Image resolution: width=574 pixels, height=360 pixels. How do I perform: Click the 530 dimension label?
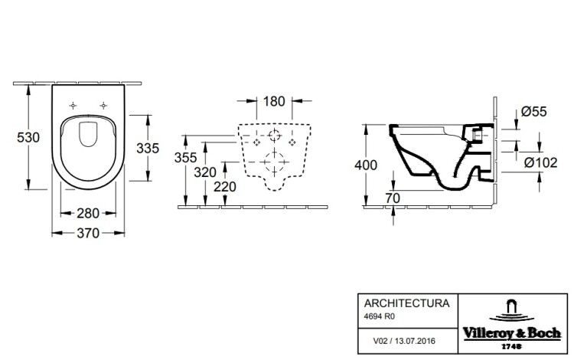pyautogui.click(x=28, y=137)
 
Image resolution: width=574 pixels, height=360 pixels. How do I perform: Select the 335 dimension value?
pyautogui.click(x=148, y=149)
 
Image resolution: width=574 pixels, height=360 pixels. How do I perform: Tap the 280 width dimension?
pyautogui.click(x=88, y=213)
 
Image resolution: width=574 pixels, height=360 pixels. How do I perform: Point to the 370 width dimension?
pyautogui.click(x=88, y=233)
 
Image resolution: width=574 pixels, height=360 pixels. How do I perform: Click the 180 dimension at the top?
pyautogui.click(x=274, y=101)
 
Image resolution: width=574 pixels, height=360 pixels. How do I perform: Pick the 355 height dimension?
pyautogui.click(x=186, y=158)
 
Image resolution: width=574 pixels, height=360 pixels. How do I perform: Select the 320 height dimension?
pyautogui.click(x=205, y=172)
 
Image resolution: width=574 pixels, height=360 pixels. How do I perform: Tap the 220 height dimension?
pyautogui.click(x=225, y=187)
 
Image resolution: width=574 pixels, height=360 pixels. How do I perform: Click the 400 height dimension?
pyautogui.click(x=366, y=165)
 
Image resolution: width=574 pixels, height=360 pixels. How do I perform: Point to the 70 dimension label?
pyautogui.click(x=393, y=198)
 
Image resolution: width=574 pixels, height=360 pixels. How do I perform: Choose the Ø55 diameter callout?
pyautogui.click(x=534, y=111)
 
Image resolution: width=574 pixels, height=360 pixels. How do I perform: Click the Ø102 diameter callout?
pyautogui.click(x=540, y=162)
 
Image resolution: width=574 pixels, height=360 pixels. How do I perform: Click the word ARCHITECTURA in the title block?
pyautogui.click(x=406, y=303)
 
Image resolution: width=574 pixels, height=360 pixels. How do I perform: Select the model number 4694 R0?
pyautogui.click(x=380, y=316)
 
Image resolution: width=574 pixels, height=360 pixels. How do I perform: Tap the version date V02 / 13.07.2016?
pyautogui.click(x=404, y=341)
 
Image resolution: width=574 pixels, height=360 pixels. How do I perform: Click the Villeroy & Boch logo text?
pyautogui.click(x=512, y=333)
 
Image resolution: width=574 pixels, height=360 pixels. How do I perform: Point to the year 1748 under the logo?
pyautogui.click(x=511, y=346)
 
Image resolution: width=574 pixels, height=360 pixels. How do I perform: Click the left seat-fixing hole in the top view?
pyautogui.click(x=73, y=106)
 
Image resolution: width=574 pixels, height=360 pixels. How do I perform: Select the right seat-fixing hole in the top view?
pyautogui.click(x=103, y=106)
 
